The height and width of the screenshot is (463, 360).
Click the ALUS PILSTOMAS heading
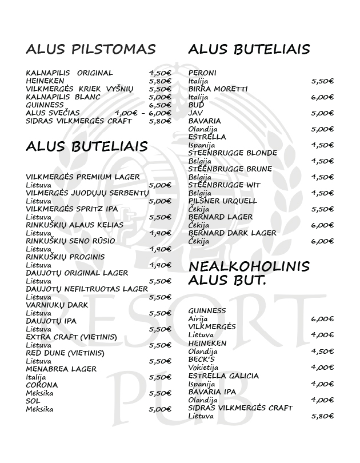tap(90, 50)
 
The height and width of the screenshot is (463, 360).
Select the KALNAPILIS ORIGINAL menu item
tap(69, 73)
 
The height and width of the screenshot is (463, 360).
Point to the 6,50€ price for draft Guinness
tap(160, 105)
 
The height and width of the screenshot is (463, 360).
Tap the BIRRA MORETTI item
tap(218, 89)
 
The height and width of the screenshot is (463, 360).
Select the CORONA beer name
tap(42, 385)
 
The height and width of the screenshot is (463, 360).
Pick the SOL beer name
tap(33, 401)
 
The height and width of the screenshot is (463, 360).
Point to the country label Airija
tap(199, 319)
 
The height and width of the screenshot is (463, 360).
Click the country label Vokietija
tap(205, 367)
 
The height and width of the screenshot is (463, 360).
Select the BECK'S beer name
tap(201, 359)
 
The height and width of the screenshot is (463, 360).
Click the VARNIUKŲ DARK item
tap(57, 305)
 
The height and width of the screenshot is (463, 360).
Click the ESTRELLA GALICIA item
tap(223, 376)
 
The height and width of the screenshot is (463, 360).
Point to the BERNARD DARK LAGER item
tap(232, 233)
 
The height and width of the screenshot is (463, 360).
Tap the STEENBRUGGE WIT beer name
tap(224, 185)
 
